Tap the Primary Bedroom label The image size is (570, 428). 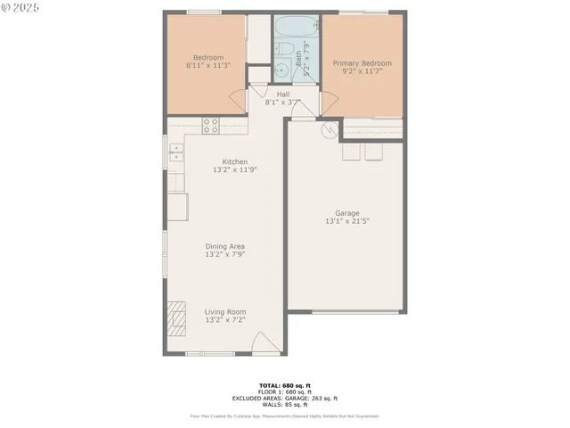(362, 64)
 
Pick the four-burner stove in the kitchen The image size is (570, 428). (210, 126)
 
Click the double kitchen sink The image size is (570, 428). (176, 152)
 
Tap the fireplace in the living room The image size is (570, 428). (177, 317)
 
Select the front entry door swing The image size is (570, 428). (265, 342)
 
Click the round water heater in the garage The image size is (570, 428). (329, 132)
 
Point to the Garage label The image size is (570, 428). (347, 213)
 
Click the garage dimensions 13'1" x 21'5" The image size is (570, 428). (347, 221)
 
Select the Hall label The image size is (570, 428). (282, 94)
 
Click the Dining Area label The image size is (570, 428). (225, 246)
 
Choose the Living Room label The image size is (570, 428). (225, 311)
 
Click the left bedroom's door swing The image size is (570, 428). (236, 99)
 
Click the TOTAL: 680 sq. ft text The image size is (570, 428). (285, 384)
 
